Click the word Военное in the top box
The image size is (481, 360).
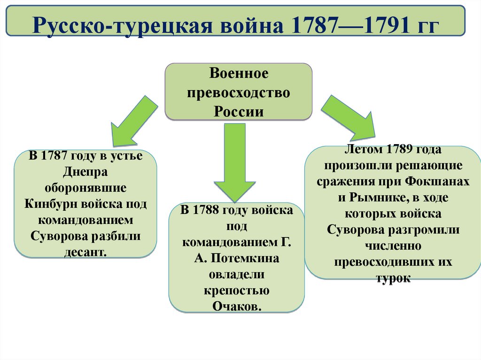click(238, 74)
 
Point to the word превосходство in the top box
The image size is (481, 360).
click(238, 92)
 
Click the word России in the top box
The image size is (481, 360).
click(238, 111)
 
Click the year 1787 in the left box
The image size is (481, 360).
click(56, 156)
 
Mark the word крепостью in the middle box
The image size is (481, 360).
click(237, 290)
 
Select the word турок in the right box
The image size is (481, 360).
click(393, 278)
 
